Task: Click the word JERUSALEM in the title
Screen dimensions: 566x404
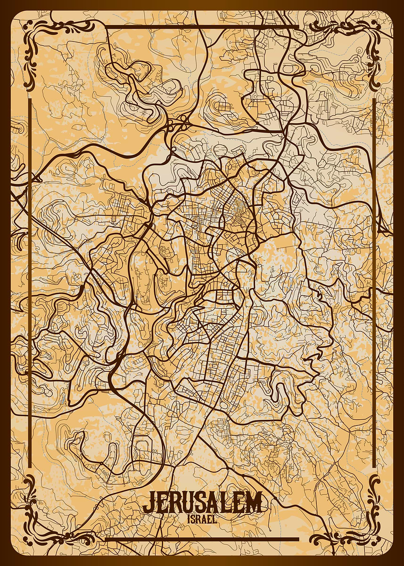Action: tap(202, 503)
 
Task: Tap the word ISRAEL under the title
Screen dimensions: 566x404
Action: tap(202, 519)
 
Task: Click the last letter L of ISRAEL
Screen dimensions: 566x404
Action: tap(215, 519)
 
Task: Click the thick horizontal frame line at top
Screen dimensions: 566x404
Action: tap(202, 27)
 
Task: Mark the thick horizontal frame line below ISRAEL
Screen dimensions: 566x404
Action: tap(202, 539)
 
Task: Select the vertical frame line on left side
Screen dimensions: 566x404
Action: tap(30, 283)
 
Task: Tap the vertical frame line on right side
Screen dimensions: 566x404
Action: tap(374, 283)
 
